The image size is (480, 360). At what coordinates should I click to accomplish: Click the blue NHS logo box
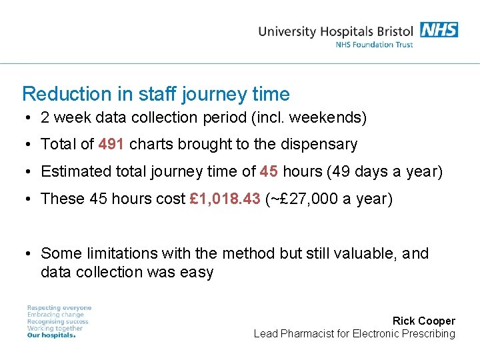tap(439, 29)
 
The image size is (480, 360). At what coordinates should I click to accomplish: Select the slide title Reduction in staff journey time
tap(155, 94)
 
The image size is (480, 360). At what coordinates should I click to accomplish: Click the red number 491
tap(111, 144)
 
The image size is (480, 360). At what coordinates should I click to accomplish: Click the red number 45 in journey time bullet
tap(269, 171)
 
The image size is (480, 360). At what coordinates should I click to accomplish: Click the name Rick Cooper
tap(423, 321)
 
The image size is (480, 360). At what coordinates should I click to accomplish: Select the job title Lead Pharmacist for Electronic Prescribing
tap(354, 333)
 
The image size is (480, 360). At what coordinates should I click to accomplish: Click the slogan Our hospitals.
tap(51, 335)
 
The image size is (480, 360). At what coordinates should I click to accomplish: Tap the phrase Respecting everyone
tap(59, 308)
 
